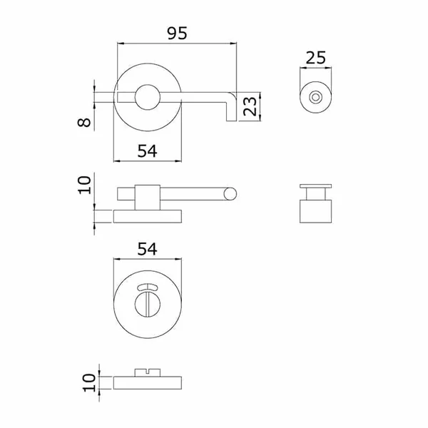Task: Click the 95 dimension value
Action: click(177, 33)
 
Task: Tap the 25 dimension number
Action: click(316, 58)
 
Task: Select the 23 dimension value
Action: click(250, 106)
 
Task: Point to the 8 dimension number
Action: click(84, 122)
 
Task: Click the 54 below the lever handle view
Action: click(148, 151)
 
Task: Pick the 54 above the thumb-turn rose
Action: click(148, 249)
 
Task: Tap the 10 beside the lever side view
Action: click(84, 185)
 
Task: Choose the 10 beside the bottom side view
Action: click(89, 383)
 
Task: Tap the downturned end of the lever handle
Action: click(231, 111)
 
